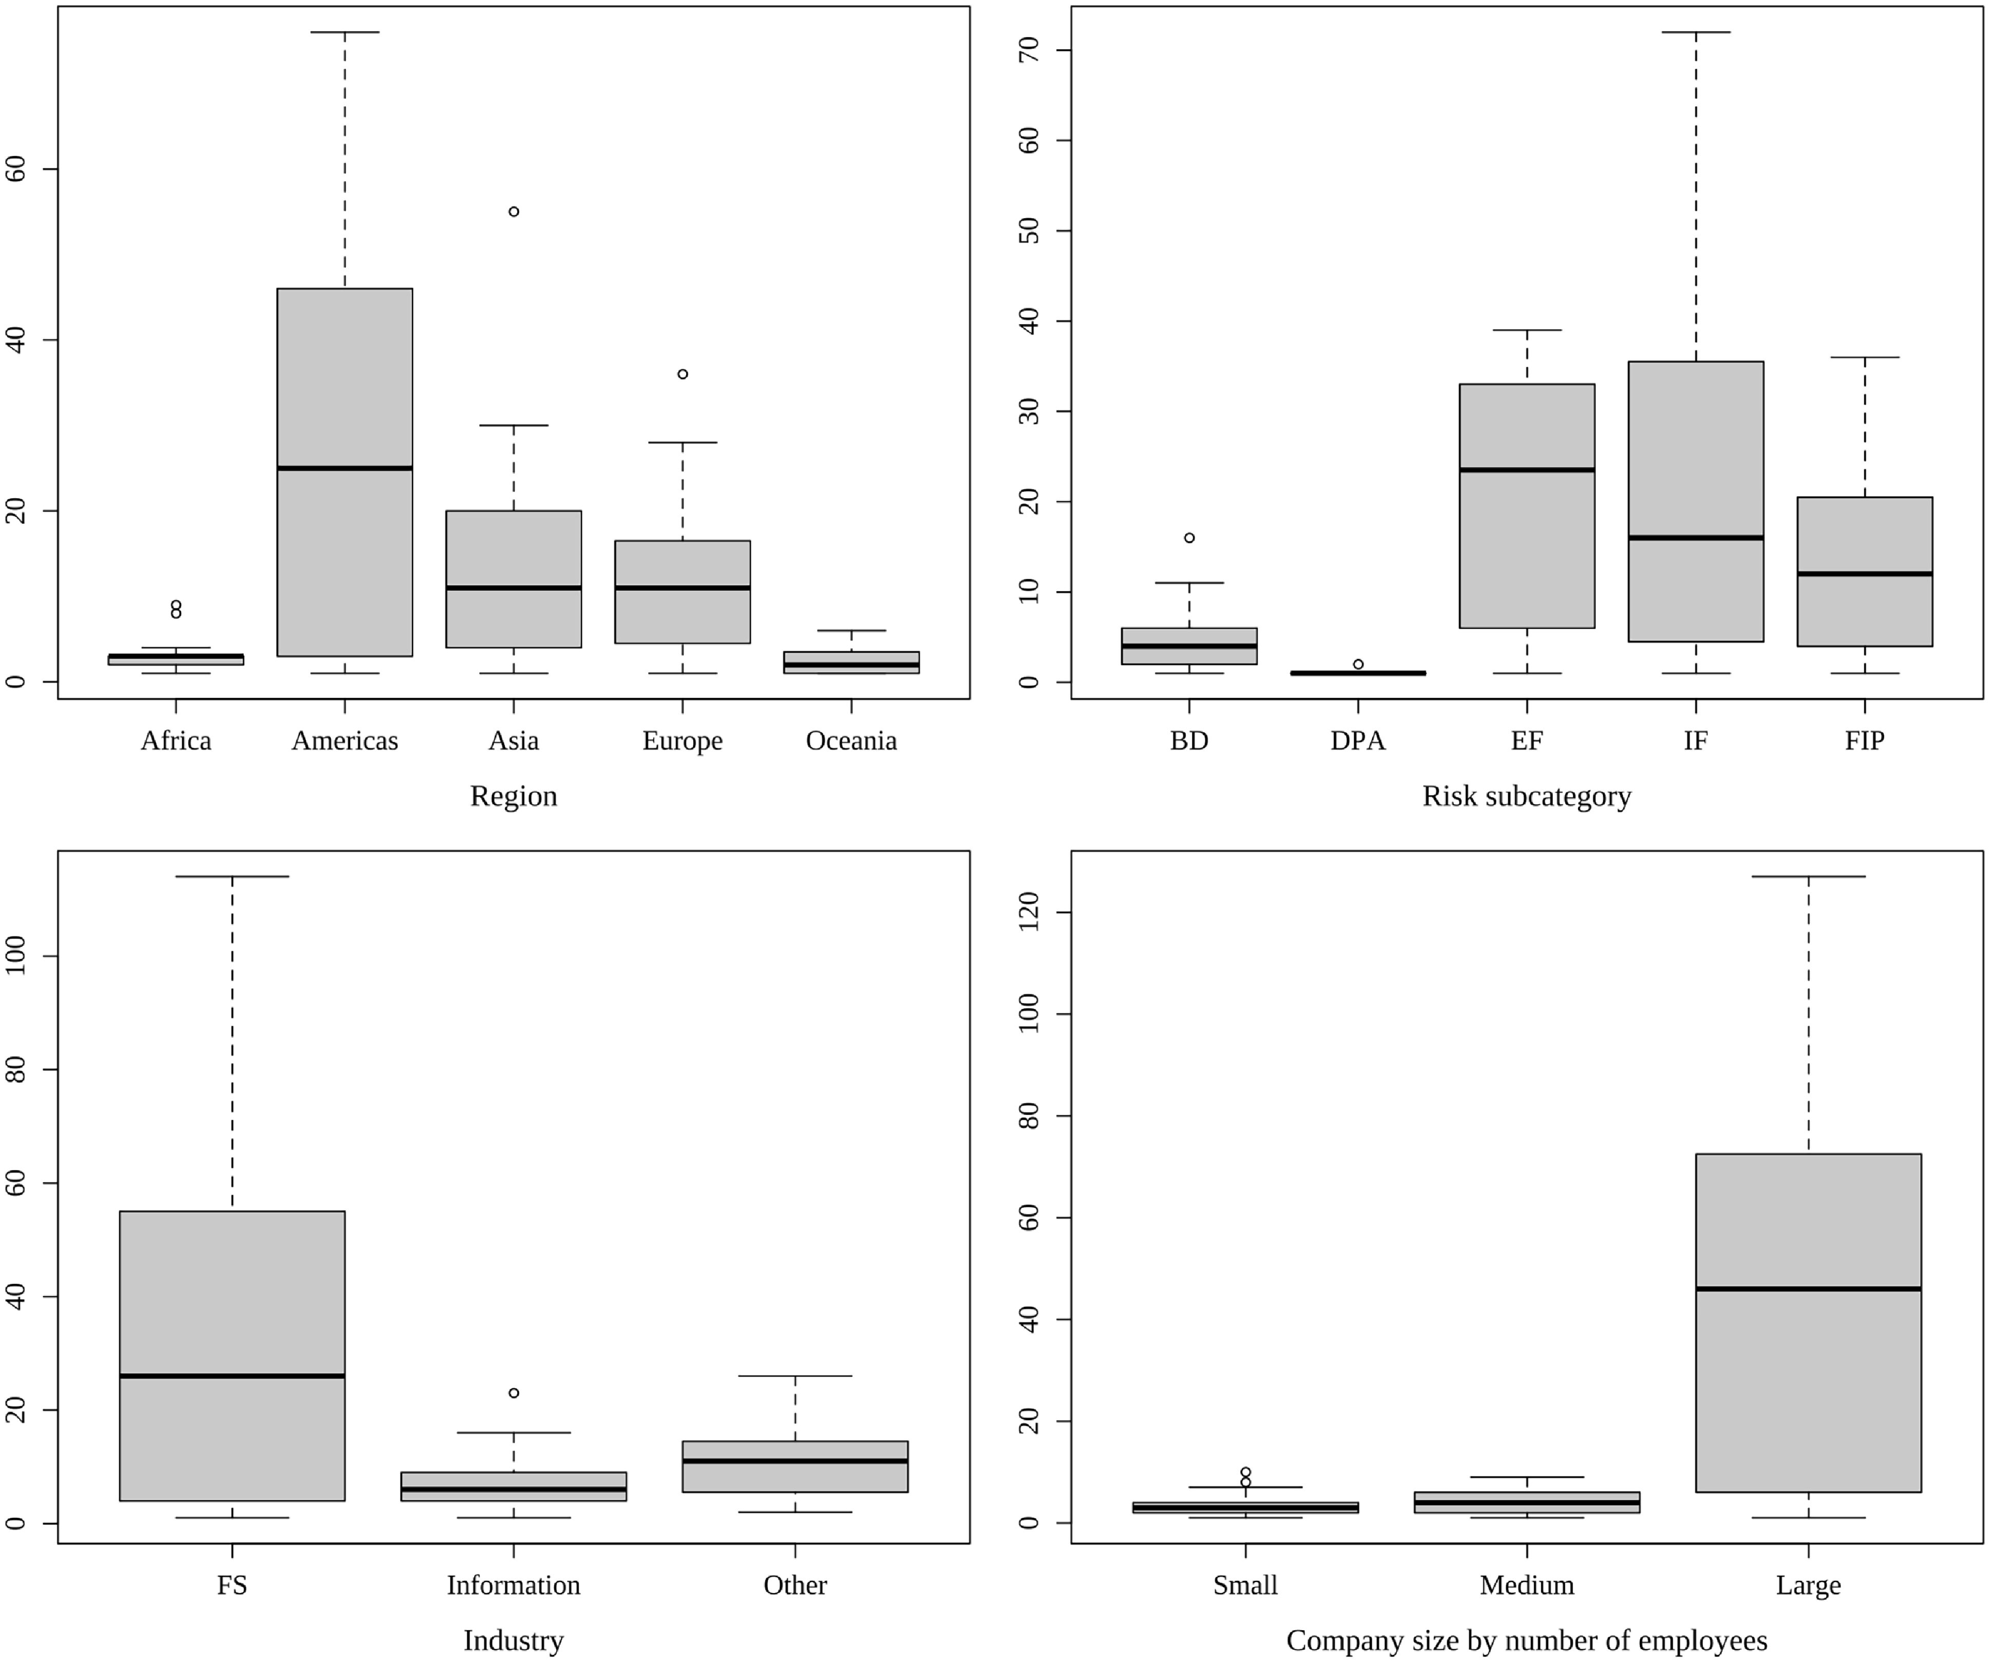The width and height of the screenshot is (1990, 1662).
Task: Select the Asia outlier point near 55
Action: (514, 211)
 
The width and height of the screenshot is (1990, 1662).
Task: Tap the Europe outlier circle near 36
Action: (683, 374)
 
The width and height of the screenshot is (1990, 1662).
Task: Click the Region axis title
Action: (514, 796)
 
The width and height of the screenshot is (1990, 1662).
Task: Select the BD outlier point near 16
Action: (1189, 538)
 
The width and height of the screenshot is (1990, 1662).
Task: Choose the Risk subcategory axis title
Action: (1527, 796)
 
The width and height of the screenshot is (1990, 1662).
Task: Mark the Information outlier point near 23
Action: (514, 1393)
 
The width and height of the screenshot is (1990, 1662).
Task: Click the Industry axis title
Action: (514, 1640)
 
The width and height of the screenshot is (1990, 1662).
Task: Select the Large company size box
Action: (1808, 1232)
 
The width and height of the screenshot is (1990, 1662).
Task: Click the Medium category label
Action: (1527, 1585)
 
